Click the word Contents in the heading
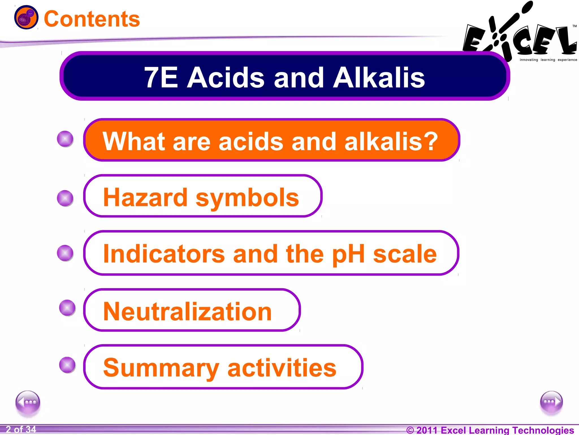[92, 19]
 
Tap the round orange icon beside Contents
[26, 17]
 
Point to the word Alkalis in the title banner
[379, 78]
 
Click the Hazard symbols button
[202, 196]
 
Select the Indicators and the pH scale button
[271, 253]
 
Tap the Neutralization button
[192, 310]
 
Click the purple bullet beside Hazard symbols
[65, 198]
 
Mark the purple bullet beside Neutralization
[67, 308]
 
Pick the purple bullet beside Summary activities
[67, 365]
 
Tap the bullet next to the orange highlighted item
[65, 139]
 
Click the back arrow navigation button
[28, 402]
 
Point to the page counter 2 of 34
[21, 429]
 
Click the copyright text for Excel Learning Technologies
[490, 430]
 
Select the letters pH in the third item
[349, 254]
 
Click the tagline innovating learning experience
[548, 60]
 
